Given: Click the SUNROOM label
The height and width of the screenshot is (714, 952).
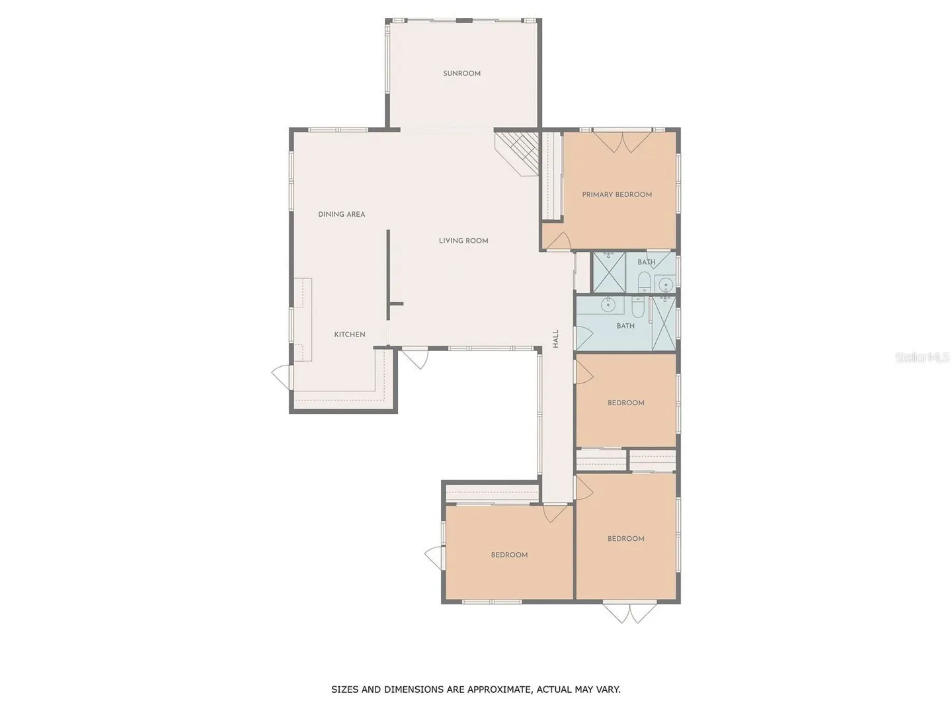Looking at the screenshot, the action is [461, 73].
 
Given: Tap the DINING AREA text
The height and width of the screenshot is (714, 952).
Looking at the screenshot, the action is [341, 214].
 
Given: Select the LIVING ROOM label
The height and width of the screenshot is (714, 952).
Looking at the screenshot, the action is [463, 241].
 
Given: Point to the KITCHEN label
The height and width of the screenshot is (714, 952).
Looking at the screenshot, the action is [350, 335].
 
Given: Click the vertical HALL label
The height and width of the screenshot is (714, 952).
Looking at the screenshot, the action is [555, 338].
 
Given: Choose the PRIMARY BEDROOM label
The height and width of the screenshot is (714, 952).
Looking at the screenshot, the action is [617, 194].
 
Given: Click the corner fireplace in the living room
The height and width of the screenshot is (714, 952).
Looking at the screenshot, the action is [516, 154].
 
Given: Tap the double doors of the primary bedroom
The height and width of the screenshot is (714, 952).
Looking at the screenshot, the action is [622, 141].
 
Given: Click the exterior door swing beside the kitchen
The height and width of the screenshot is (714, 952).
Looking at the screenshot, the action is [282, 377].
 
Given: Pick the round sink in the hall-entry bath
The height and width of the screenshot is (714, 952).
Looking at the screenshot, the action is [608, 305].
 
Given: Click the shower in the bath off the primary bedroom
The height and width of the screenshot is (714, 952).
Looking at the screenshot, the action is [609, 272].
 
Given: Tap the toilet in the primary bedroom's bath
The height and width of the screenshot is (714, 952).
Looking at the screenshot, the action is [644, 282].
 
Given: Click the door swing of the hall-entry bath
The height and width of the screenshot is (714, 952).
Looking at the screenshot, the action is [584, 338].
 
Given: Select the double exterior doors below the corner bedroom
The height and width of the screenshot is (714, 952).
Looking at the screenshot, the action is [630, 613].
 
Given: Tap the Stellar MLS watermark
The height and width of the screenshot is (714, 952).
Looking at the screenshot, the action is [922, 357].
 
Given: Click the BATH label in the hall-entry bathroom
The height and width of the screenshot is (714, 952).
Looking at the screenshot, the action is [625, 325].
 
